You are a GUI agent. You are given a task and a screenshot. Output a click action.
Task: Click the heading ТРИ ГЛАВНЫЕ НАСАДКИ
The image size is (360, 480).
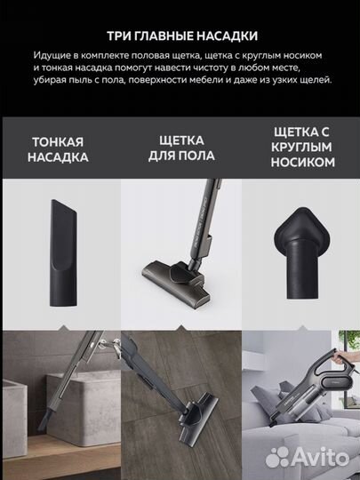[180, 36]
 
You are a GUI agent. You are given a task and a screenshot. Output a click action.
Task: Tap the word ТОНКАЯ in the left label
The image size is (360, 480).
[60, 142]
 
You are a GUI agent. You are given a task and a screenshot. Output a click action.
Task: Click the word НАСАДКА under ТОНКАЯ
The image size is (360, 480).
[60, 157]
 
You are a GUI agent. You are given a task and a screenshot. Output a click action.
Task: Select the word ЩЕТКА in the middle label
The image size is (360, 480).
[180, 142]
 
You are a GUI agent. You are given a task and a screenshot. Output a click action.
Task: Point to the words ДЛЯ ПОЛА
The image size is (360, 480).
[180, 157]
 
